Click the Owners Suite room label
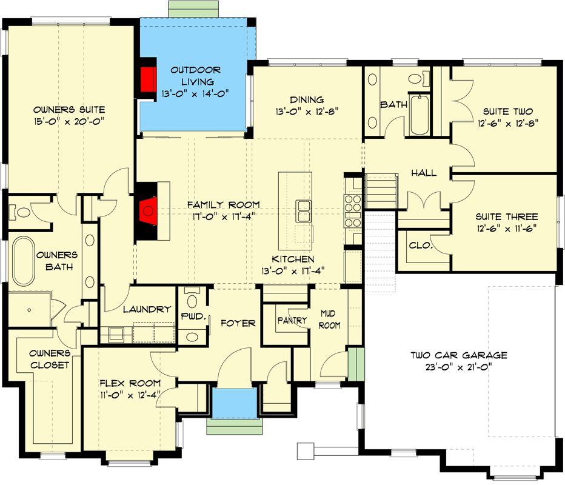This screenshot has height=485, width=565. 69,110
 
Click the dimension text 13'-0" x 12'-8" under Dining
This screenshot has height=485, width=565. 306,111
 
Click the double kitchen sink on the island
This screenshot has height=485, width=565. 304,212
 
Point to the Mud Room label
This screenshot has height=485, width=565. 331,319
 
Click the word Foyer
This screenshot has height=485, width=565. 237,323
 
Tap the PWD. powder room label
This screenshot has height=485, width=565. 195,316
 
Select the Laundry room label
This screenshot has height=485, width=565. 147,309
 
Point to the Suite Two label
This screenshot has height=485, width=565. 507,112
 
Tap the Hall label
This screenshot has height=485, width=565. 423,173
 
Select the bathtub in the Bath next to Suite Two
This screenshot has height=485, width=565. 419,116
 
